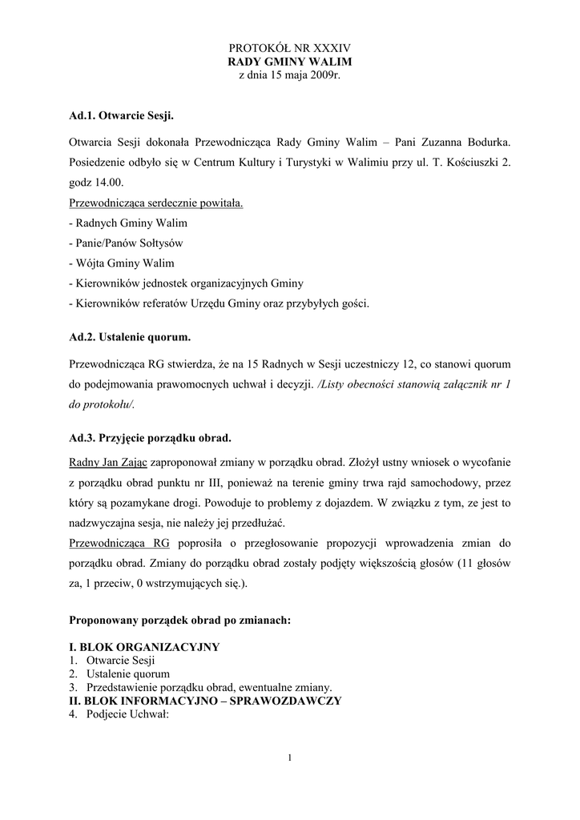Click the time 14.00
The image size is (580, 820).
(x=109, y=183)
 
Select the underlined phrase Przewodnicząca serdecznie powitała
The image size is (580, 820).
(x=156, y=203)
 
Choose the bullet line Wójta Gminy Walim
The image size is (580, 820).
(x=122, y=263)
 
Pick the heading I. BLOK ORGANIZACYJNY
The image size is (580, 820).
(x=144, y=647)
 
